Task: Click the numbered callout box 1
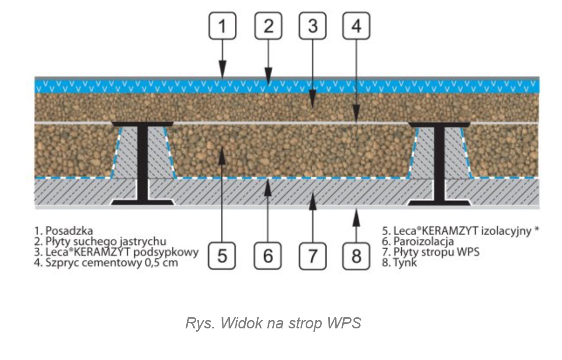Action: pyautogui.click(x=222, y=27)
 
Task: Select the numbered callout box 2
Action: pyautogui.click(x=268, y=27)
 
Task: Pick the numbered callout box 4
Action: pyautogui.click(x=356, y=27)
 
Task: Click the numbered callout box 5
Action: pyautogui.click(x=222, y=255)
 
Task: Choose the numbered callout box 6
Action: pyautogui.click(x=268, y=255)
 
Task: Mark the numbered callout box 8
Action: pyautogui.click(x=356, y=255)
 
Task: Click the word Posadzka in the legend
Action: pyautogui.click(x=69, y=231)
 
